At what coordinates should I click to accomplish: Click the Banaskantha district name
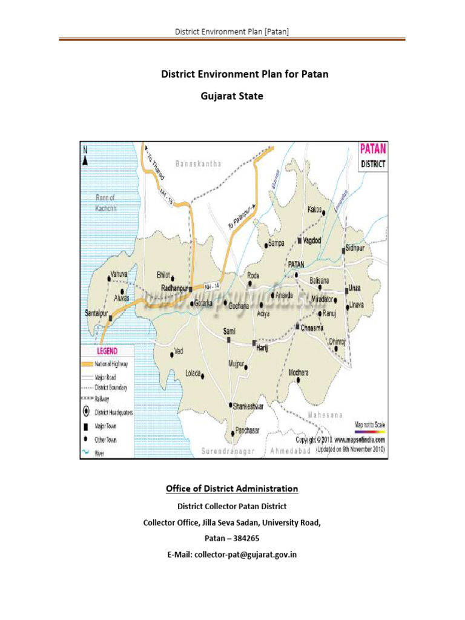click(199, 163)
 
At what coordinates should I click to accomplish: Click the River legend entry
click(104, 450)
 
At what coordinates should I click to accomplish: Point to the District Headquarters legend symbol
click(87, 412)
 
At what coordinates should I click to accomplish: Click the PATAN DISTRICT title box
click(374, 156)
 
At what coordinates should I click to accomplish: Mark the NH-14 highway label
click(211, 286)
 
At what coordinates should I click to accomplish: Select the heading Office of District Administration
click(232, 489)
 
